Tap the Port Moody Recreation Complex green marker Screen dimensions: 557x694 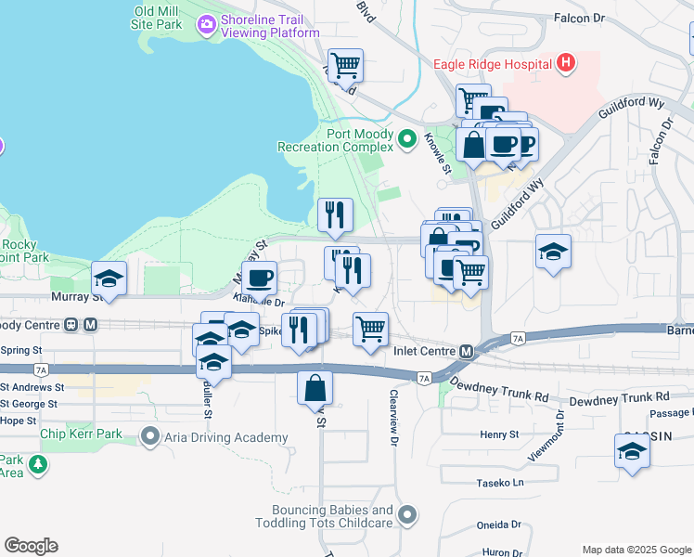point(406,140)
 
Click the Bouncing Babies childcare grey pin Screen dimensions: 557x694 point(406,514)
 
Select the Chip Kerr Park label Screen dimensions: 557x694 point(88,434)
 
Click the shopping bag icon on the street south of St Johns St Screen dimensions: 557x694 point(315,387)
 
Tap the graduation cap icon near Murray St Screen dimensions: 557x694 point(109,278)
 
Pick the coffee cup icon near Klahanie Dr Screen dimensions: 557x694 point(259,277)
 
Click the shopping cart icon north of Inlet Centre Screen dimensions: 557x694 point(370,328)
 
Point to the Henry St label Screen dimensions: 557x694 point(499,434)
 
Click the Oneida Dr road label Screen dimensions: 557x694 point(500,524)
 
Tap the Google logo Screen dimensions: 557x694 point(31,545)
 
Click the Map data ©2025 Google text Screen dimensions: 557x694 point(636,549)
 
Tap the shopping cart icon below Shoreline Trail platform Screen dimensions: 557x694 point(344,65)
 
